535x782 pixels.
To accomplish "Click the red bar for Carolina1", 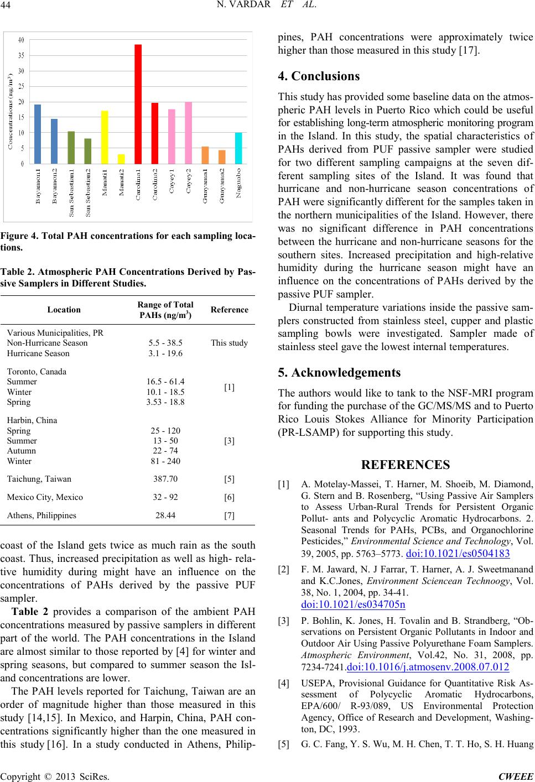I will click(138, 104).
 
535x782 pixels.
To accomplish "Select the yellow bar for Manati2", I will click(121, 159).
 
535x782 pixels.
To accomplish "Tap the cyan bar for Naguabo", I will click(238, 148).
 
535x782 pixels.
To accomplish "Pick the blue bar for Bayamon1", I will click(38, 134).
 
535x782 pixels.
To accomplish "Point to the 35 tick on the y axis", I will click(20, 55).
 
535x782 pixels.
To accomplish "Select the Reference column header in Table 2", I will click(230, 310).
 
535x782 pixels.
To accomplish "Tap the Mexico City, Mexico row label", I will click(45, 497).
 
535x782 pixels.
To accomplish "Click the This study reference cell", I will click(230, 343).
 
